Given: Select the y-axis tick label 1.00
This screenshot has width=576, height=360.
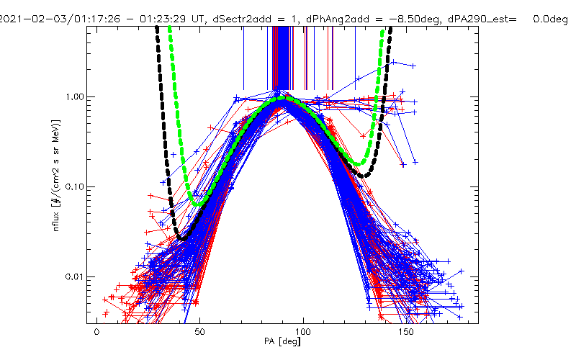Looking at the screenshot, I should pyautogui.click(x=73, y=97).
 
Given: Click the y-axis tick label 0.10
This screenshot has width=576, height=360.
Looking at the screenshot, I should pyautogui.click(x=73, y=187).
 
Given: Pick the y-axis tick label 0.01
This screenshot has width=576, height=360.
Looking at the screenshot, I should pyautogui.click(x=73, y=277).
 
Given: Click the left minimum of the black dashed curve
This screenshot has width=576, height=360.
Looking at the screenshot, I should pyautogui.click(x=181, y=238).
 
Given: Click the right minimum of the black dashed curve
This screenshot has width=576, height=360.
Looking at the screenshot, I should pyautogui.click(x=367, y=175).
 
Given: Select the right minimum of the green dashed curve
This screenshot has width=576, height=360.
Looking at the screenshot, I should pyautogui.click(x=358, y=163).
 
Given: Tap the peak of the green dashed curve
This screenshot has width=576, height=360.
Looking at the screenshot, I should pyautogui.click(x=281, y=99).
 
